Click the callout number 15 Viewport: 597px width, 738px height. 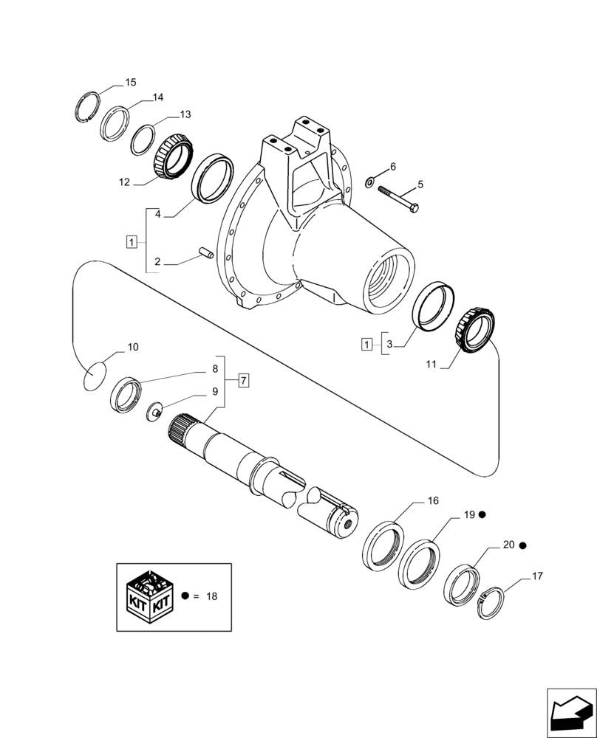130,83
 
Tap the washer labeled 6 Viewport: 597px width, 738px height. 370,180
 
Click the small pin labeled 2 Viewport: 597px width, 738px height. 205,255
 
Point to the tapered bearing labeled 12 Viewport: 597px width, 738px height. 174,156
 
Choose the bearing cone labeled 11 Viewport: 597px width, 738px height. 473,331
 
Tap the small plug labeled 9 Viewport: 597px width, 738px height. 154,412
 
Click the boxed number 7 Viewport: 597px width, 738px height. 244,382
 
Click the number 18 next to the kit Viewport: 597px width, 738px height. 211,595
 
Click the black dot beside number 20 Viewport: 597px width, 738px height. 522,545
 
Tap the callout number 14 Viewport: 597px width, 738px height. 158,97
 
